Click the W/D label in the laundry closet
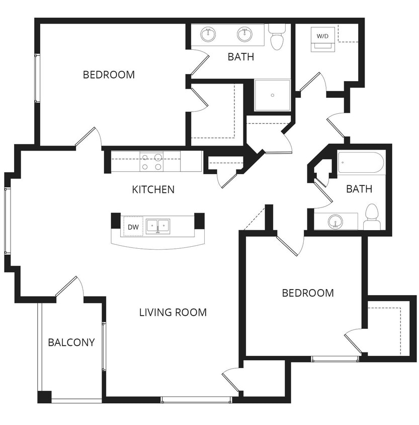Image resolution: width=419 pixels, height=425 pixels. pyautogui.click(x=322, y=36)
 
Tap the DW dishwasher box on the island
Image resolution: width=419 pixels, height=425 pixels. pyautogui.click(x=133, y=227)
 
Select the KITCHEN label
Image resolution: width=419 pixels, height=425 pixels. pyautogui.click(x=153, y=190)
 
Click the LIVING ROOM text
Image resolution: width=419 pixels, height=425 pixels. pyautogui.click(x=173, y=312)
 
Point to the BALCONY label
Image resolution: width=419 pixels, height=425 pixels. pyautogui.click(x=71, y=342)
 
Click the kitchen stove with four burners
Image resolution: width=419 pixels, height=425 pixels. pyautogui.click(x=151, y=161)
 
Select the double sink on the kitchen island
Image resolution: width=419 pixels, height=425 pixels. pyautogui.click(x=158, y=225)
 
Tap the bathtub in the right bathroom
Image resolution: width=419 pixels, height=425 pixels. pyautogui.click(x=361, y=163)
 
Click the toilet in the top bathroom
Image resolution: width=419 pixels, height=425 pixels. pyautogui.click(x=277, y=38)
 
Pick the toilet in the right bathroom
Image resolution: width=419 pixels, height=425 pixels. pyautogui.click(x=372, y=214)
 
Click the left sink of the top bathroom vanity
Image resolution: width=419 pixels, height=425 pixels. pyautogui.click(x=208, y=34)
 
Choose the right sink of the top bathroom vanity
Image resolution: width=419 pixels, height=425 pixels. pyautogui.click(x=244, y=34)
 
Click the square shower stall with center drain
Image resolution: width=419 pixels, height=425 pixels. pyautogui.click(x=272, y=95)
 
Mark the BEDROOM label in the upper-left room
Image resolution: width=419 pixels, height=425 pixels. pyautogui.click(x=109, y=75)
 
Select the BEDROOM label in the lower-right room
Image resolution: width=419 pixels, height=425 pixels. pyautogui.click(x=307, y=293)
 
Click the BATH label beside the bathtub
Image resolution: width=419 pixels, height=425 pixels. pyautogui.click(x=359, y=189)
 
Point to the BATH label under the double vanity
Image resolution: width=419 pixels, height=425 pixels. pyautogui.click(x=241, y=56)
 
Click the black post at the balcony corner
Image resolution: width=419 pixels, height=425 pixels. pyautogui.click(x=44, y=397)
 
